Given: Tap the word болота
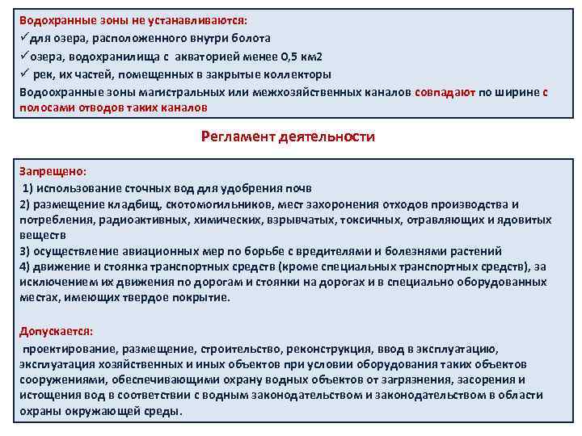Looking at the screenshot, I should [247, 38].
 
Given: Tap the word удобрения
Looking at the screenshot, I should [236, 188].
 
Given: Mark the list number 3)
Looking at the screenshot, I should [26, 250].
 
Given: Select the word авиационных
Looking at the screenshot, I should [155, 250].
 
